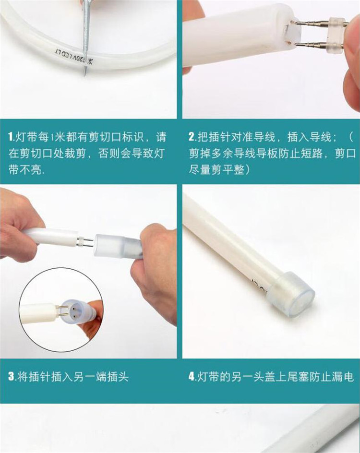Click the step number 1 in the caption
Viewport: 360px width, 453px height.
[x=11, y=137]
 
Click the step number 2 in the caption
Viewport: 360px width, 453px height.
[x=192, y=137]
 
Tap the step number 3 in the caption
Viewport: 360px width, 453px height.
[x=11, y=377]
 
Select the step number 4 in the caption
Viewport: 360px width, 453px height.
[x=192, y=377]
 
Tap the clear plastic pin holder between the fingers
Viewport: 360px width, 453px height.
[x=336, y=34]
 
